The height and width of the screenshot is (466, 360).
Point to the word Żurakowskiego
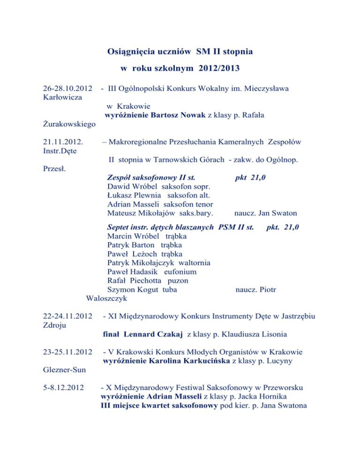[x=63, y=124]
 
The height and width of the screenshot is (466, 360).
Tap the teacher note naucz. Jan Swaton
[x=266, y=213]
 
